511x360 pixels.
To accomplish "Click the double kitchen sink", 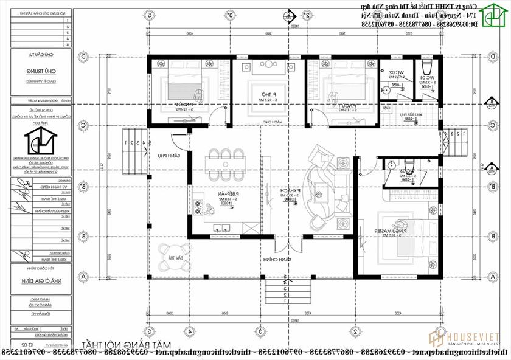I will tap(223, 226).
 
